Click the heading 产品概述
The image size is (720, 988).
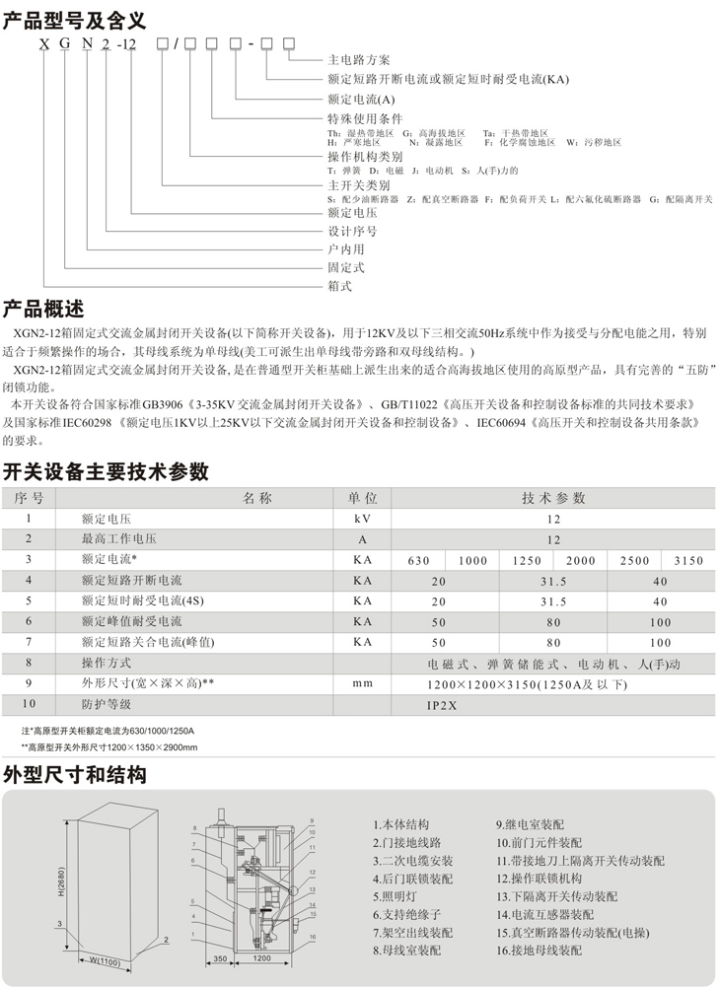45,307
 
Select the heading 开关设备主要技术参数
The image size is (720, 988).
107,468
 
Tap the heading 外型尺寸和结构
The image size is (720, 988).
76,775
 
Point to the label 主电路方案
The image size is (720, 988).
356,60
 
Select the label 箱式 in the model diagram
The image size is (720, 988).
339,286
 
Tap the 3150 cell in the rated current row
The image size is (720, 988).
687,560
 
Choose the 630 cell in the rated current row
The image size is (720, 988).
418,560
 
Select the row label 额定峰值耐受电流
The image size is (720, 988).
132,622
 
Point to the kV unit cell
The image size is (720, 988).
363,519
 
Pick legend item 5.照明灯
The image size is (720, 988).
398,896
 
